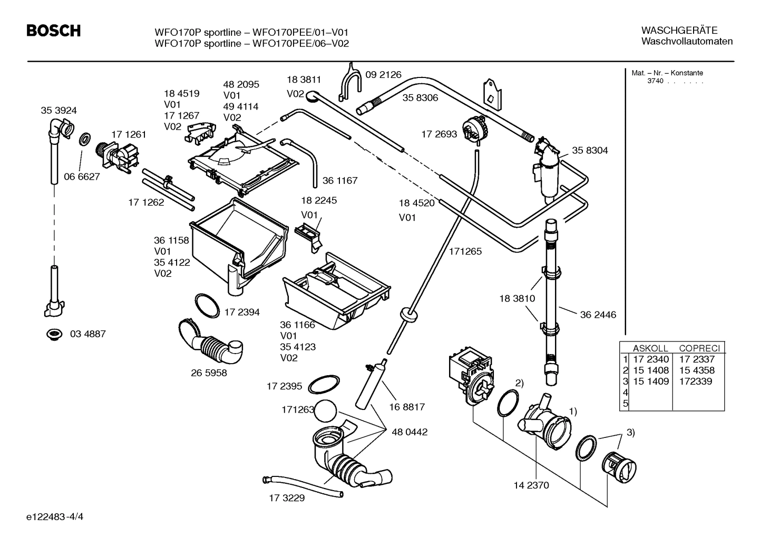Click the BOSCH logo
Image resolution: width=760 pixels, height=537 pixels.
[x=53, y=31]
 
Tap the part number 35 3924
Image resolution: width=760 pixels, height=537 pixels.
[x=59, y=110]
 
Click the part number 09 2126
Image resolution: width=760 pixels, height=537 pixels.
[x=383, y=75]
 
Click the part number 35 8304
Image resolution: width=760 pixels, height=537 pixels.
[x=590, y=150]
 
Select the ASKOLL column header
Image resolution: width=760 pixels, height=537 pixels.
[x=650, y=348]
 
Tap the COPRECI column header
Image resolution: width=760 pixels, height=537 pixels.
[x=699, y=348]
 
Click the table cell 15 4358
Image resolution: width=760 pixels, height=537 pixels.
[x=697, y=370]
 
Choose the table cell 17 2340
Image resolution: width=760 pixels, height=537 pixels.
[x=650, y=359]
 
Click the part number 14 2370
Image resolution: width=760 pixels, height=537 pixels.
[x=531, y=485]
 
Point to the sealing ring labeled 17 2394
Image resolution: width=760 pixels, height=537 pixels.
[x=207, y=306]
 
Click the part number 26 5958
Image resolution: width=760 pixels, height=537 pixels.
[x=209, y=373]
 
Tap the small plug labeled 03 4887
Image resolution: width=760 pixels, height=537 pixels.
[x=53, y=334]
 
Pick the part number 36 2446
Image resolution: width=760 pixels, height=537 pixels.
[x=598, y=315]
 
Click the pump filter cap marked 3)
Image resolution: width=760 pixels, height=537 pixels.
[x=619, y=466]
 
